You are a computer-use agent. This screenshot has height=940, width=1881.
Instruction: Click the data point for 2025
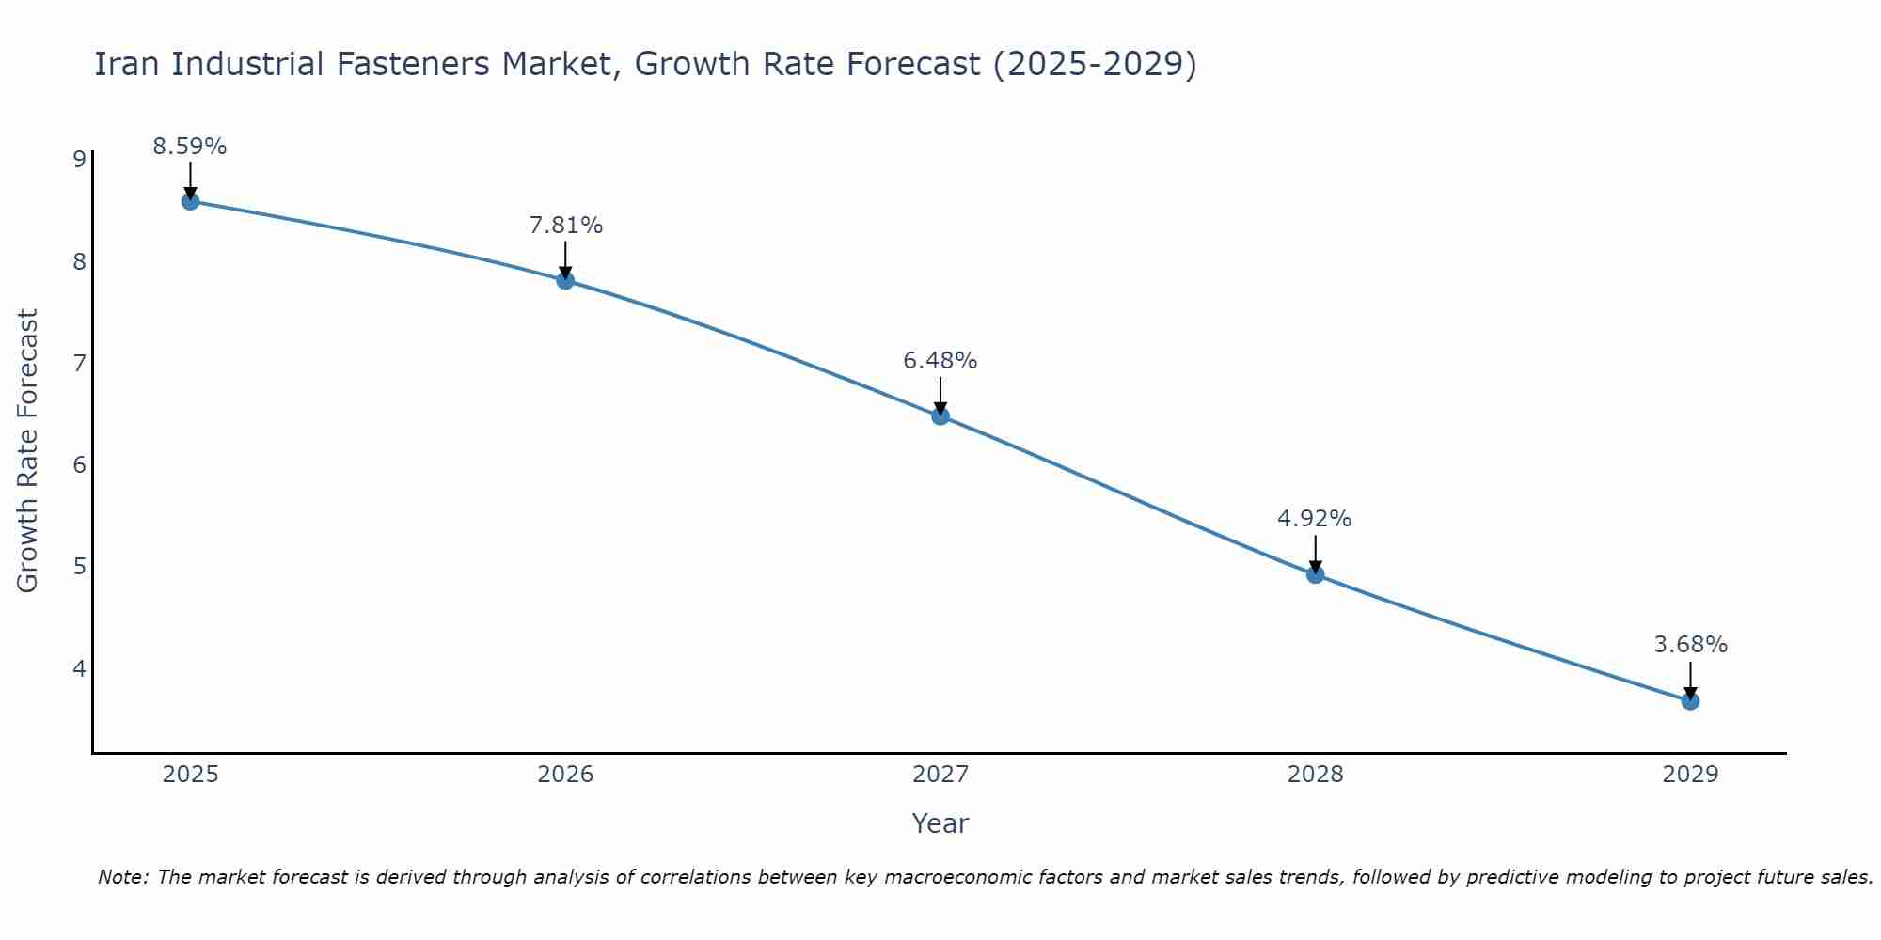[190, 201]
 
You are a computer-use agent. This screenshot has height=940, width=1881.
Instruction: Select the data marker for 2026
[565, 280]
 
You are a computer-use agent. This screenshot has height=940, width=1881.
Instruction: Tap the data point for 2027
[940, 416]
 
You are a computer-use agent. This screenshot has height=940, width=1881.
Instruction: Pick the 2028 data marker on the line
[1315, 574]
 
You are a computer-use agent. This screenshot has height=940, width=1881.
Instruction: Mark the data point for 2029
[1690, 701]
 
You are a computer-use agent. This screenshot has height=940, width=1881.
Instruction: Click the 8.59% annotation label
[190, 147]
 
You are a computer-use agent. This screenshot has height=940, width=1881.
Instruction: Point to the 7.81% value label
[565, 226]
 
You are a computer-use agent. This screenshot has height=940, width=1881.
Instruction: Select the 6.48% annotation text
[940, 361]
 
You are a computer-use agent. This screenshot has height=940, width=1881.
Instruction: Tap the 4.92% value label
[1315, 519]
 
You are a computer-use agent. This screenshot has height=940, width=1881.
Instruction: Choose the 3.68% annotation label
[1690, 645]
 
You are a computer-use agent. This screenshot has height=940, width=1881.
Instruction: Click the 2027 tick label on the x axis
[940, 775]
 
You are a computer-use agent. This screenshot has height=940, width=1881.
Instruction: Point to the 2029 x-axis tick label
[1690, 775]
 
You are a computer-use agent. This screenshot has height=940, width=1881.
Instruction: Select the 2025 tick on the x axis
[190, 775]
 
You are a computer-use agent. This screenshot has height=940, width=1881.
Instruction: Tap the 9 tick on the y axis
[79, 159]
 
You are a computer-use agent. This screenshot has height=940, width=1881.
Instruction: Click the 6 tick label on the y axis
[79, 464]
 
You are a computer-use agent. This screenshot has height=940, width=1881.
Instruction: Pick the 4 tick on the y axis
[79, 668]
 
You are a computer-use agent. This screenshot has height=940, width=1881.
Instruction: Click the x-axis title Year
[940, 823]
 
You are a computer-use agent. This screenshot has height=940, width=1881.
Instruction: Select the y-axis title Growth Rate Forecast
[28, 451]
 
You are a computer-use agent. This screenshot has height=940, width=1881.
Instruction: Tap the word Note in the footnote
[122, 877]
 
